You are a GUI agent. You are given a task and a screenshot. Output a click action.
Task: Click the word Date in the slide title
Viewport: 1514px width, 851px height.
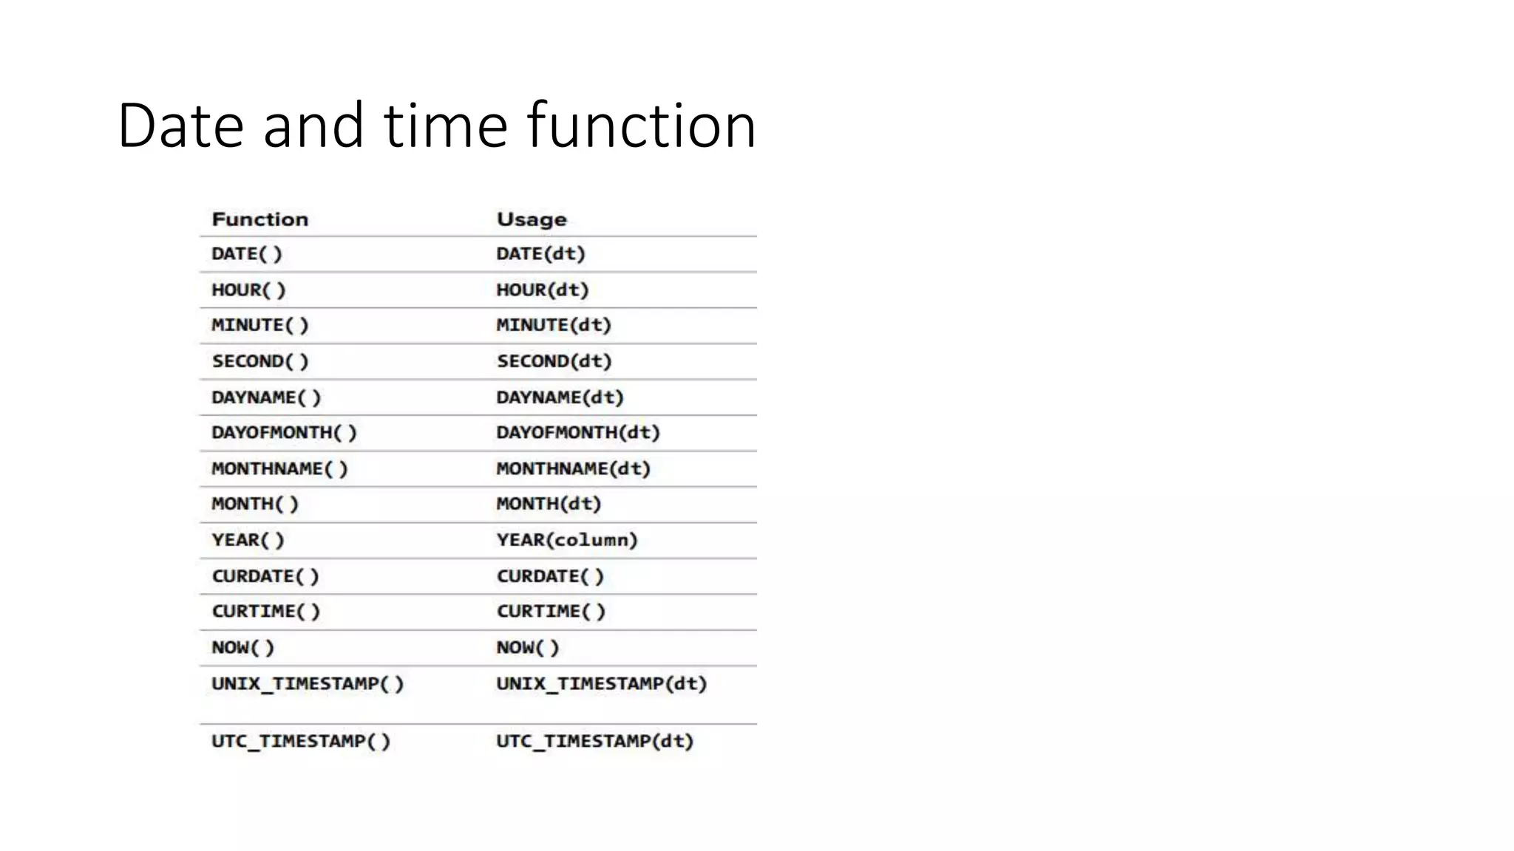[x=180, y=126]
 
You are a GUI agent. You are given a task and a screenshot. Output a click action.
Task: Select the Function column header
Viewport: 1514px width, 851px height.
[x=259, y=219]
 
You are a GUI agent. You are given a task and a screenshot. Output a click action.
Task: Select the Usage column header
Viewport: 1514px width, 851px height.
[x=532, y=219]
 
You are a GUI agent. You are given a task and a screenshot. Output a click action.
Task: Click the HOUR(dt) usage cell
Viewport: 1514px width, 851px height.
[x=542, y=290]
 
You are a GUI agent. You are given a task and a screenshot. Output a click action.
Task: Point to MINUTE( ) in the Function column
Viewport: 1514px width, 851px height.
[x=259, y=325]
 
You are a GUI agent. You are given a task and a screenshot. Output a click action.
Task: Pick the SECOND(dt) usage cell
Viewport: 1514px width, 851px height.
[x=554, y=361]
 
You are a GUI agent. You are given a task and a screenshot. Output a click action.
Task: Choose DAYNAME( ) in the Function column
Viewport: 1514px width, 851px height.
[x=266, y=397]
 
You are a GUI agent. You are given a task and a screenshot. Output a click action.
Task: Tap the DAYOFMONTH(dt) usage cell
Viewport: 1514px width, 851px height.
[x=578, y=432]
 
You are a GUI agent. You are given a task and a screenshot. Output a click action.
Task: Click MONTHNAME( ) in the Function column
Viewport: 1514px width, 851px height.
[x=279, y=468]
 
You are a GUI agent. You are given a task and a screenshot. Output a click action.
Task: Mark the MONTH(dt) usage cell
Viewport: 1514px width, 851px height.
[x=549, y=504]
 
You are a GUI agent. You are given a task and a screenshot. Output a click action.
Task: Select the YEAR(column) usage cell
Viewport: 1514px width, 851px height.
[x=567, y=540]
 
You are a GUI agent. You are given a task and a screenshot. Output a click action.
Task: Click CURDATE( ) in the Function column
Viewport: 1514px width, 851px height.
[x=265, y=576]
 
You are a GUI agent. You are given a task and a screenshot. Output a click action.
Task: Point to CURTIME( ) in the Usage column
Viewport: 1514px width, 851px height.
[x=551, y=612]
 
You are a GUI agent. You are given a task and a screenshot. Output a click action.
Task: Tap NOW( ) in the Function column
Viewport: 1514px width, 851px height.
[x=242, y=648]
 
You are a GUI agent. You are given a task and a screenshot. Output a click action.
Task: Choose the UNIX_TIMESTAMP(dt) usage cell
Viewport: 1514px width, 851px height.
[x=602, y=684]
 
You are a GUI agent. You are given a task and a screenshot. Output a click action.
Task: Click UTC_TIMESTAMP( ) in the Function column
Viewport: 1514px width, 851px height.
[x=301, y=741]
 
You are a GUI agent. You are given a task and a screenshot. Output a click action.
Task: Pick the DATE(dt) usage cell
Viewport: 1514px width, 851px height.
[x=540, y=254]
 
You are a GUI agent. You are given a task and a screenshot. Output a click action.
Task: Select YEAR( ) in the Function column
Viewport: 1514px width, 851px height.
[x=248, y=540]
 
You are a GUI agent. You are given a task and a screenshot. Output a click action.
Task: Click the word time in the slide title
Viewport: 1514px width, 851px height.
[x=445, y=126]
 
